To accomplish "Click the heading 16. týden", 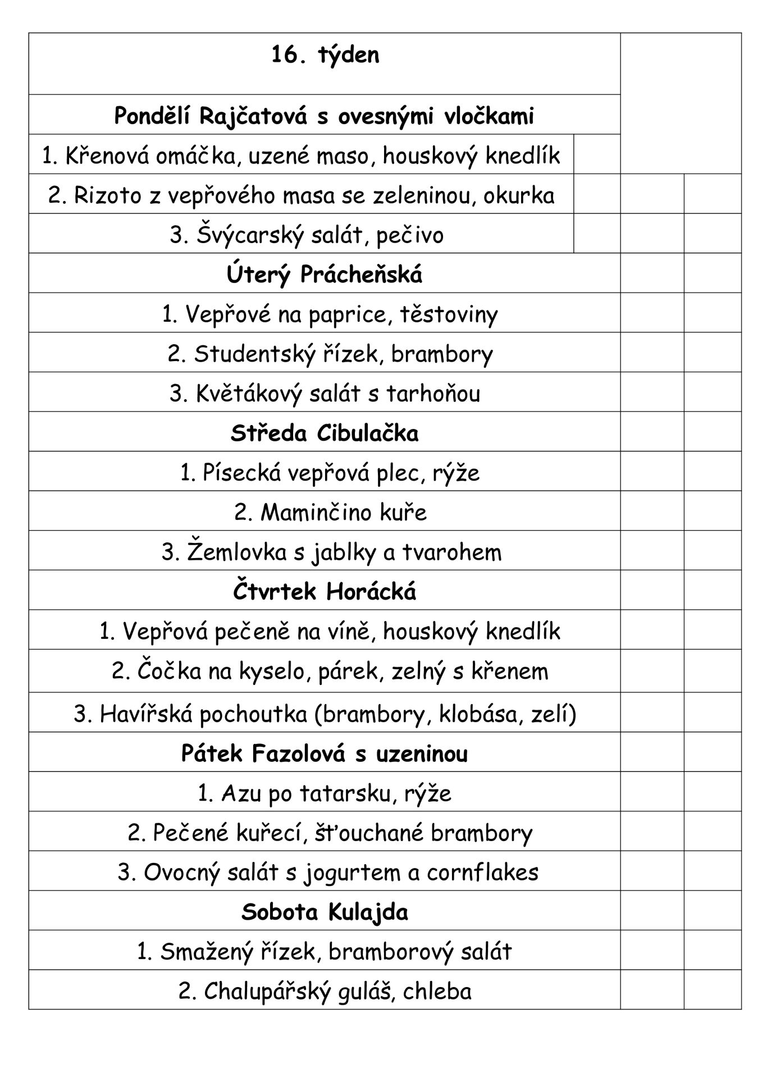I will point(325,56).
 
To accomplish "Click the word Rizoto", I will point(103,195).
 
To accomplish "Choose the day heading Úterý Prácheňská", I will point(325,275).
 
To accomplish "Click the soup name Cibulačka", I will point(367,433).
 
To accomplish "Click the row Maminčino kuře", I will point(330,513).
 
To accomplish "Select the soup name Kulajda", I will point(367,912).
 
